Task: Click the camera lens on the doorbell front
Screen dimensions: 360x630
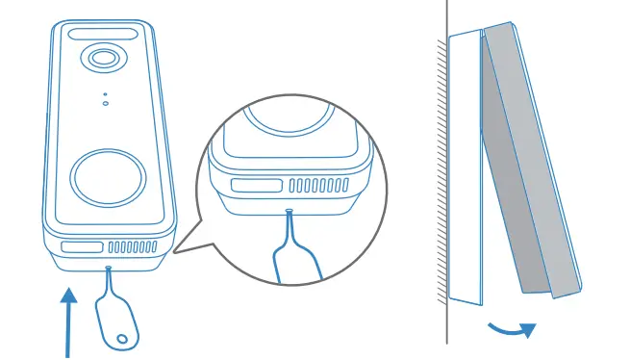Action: (x=101, y=59)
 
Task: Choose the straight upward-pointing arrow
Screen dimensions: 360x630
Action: (x=69, y=318)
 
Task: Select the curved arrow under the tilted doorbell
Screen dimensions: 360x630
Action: (x=512, y=329)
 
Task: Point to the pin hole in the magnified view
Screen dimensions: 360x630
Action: (x=290, y=210)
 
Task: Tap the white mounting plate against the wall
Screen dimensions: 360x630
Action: (x=463, y=164)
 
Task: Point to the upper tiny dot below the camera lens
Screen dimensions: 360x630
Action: (x=105, y=94)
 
